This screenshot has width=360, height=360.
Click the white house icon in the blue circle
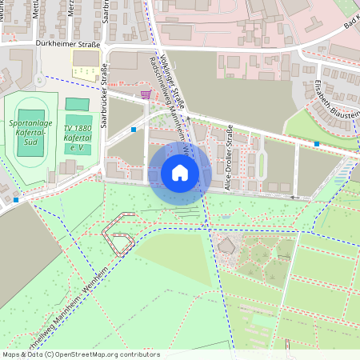pyautogui.click(x=180, y=173)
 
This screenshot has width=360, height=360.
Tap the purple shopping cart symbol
pyautogui.click(x=145, y=94)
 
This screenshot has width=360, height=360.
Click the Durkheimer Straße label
pyautogui.click(x=67, y=45)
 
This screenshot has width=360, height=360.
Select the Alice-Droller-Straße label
pyautogui.click(x=230, y=156)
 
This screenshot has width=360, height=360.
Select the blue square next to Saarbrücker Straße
pyautogui.click(x=134, y=130)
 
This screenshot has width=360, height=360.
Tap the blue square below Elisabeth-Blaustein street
pyautogui.click(x=318, y=144)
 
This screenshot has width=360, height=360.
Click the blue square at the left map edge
pyautogui.click(x=16, y=200)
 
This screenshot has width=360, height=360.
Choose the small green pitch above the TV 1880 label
pyautogui.click(x=77, y=105)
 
